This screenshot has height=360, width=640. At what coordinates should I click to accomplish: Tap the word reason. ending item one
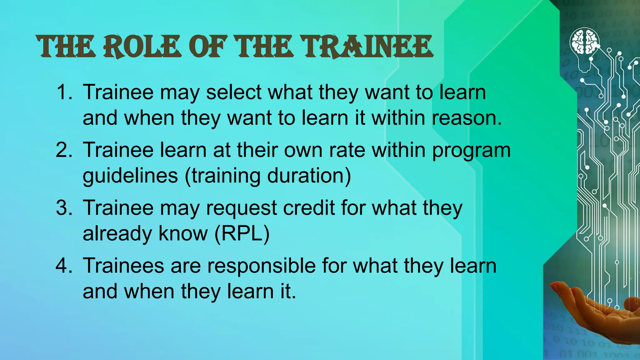[467, 118]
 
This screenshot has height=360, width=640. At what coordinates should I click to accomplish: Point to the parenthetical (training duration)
[268, 176]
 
